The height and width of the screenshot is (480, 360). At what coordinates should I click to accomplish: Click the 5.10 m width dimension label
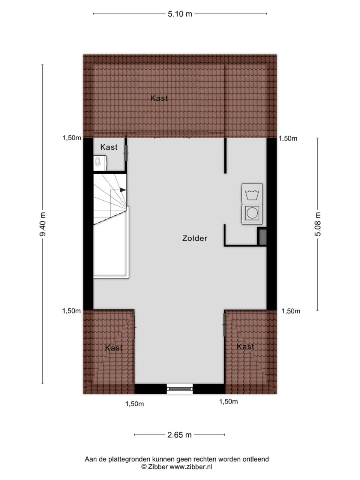pos(180,14)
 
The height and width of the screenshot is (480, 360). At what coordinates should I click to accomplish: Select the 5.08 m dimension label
pos(318,224)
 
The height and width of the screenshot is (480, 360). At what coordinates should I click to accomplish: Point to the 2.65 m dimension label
pos(179,435)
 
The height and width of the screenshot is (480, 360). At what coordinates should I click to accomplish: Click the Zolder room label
pos(195,238)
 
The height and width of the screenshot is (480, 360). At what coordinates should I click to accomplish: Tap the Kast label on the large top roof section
pos(159,98)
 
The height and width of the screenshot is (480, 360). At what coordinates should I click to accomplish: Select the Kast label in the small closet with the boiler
pos(109,147)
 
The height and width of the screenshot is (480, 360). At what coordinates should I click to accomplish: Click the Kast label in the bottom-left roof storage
pos(114,348)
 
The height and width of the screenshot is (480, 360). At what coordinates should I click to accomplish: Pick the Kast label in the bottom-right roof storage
pos(246,347)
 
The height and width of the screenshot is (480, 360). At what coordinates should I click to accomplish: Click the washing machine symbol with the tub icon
pos(252,194)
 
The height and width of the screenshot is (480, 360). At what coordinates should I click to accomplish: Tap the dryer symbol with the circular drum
pos(252,213)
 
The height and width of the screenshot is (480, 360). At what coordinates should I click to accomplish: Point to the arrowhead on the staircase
pos(123,190)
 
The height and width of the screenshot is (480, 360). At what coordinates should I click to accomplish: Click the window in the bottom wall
pos(180,389)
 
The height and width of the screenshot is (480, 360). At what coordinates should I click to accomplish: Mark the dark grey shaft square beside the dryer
pos(262,237)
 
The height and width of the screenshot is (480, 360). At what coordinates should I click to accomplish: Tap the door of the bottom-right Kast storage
pos(224,325)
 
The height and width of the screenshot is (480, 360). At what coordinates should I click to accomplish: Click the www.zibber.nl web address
pos(191,467)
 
